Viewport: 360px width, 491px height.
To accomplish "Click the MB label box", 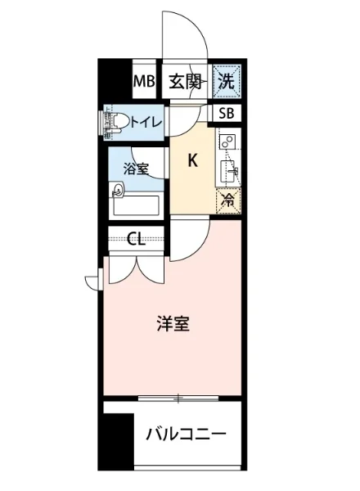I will click(x=144, y=81).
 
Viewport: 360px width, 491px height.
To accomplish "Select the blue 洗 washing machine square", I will click(x=227, y=81).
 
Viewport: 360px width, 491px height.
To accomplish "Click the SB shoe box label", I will click(x=227, y=114).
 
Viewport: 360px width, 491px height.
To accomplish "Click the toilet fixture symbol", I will click(x=114, y=123).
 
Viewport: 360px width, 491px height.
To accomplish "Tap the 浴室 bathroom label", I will click(x=136, y=169).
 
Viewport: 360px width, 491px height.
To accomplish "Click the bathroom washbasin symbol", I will click(x=119, y=191).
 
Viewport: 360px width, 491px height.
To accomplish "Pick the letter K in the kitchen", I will click(x=193, y=161).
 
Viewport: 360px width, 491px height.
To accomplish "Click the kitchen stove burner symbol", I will click(x=227, y=142).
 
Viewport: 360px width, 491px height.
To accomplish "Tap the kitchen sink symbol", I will click(x=229, y=171).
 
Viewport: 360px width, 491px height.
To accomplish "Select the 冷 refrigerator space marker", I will click(x=228, y=200).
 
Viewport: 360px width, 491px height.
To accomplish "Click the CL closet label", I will click(x=137, y=239).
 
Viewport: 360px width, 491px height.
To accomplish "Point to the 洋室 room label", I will click(x=173, y=323).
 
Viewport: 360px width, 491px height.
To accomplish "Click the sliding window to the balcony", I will click(x=178, y=399).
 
